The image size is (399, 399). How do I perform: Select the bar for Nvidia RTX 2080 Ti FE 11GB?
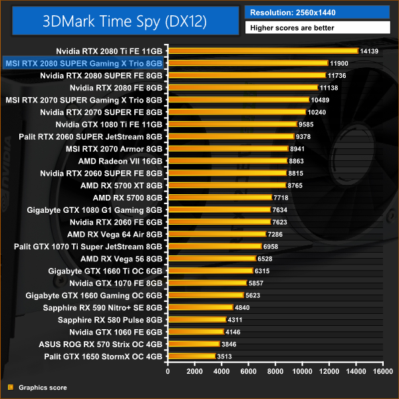point(262,51)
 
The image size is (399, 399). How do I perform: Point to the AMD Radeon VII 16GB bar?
point(227,161)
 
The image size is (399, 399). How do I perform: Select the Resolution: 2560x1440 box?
point(317,12)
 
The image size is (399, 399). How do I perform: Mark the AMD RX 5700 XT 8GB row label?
point(121,186)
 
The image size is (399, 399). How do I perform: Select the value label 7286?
point(277,234)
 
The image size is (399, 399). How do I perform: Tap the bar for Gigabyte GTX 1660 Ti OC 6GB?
point(210,271)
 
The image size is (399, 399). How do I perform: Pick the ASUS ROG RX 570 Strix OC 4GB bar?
point(194,344)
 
